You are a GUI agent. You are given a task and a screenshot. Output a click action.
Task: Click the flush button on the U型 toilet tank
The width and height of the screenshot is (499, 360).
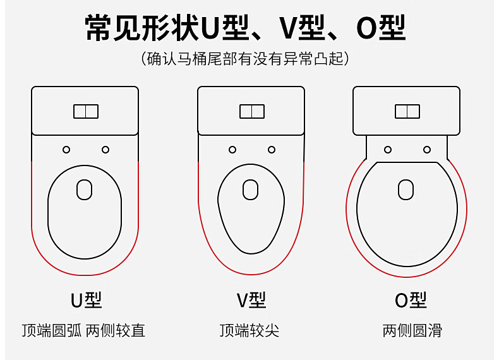(85, 112)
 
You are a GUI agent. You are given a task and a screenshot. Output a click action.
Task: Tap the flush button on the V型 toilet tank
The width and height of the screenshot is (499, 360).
(251, 112)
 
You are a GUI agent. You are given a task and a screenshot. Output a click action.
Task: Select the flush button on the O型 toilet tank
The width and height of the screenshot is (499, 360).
(407, 112)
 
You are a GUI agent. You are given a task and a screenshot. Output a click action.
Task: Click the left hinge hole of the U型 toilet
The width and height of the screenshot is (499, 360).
(66, 150)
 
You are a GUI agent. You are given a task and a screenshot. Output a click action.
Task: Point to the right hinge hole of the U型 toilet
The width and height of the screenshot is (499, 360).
(105, 150)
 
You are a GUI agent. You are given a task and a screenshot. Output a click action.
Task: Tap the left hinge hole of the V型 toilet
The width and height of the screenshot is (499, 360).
(232, 150)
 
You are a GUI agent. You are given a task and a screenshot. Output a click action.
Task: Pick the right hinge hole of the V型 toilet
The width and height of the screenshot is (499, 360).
(272, 150)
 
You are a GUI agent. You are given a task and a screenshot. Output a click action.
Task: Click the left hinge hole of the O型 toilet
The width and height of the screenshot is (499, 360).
(388, 150)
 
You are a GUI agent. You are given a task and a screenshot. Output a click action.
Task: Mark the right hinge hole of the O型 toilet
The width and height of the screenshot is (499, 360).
(427, 150)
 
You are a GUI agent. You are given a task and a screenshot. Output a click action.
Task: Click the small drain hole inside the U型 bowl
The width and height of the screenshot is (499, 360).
(85, 189)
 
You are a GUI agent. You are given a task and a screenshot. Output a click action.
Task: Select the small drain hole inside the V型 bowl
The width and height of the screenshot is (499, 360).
(251, 189)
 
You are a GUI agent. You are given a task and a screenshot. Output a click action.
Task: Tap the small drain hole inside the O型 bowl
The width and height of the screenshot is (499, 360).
(406, 189)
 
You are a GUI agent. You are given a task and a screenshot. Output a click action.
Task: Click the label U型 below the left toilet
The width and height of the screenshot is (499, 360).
(86, 300)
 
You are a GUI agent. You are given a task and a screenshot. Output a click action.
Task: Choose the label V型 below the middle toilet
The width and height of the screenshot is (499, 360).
(251, 300)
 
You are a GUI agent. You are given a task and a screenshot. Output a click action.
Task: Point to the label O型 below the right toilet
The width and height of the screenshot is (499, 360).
(411, 300)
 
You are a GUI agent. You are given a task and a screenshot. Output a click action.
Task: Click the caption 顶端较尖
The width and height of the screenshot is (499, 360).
(249, 330)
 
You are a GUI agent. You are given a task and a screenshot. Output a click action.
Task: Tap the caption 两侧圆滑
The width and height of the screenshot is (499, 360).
(412, 330)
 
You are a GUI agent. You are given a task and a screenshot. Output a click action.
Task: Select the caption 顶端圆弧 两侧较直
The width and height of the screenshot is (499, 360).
(83, 330)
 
